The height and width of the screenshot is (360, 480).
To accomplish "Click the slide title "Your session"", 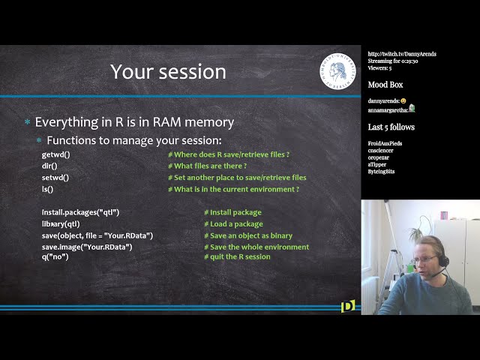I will point(168,72).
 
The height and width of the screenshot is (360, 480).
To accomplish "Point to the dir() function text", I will point(49,166).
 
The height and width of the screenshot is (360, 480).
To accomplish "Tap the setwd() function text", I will point(55,178).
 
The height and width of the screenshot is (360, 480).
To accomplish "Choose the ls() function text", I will point(47,189).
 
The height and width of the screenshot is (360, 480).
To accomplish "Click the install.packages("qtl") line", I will point(80,212).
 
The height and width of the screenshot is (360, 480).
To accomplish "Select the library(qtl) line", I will point(61,223).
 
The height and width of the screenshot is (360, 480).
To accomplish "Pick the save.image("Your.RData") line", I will point(87,247).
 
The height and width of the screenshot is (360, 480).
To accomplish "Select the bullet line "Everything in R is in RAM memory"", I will point(134,121).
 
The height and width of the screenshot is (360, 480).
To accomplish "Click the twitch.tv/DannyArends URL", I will point(401,54).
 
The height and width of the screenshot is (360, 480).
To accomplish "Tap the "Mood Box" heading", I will point(385,85).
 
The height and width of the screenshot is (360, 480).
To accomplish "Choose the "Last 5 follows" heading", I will point(391,127).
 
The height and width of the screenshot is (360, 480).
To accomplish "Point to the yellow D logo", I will point(347,305).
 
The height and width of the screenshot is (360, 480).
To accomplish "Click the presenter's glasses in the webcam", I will point(424,259).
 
